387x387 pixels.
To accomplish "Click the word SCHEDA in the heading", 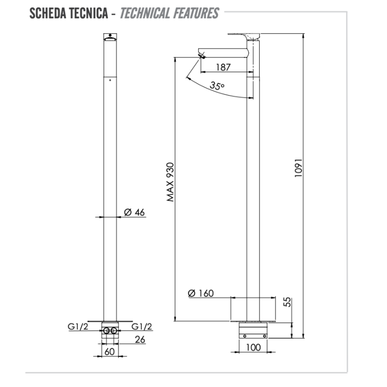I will (47, 13).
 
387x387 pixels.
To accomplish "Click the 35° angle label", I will (217, 85).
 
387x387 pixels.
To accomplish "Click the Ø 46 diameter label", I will (134, 212).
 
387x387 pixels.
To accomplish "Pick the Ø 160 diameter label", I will (200, 293).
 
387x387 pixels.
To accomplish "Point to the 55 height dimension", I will (287, 303).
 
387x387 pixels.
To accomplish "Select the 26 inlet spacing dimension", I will (139, 339).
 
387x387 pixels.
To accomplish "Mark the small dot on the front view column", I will (110, 80).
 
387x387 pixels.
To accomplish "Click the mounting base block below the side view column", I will (253, 328).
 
